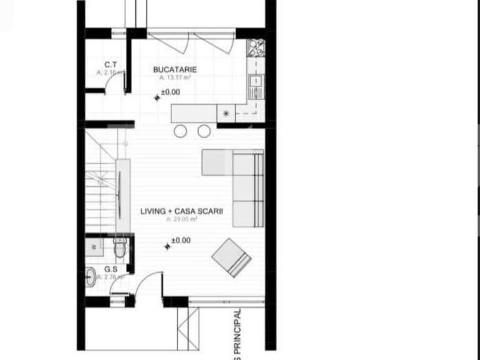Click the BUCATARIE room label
click(x=175, y=70)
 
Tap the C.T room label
click(x=111, y=65)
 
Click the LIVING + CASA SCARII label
click(x=181, y=211)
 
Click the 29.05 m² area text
click(x=181, y=219)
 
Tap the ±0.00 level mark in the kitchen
click(x=170, y=92)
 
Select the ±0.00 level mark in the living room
click(x=180, y=240)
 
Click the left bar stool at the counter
click(x=180, y=131)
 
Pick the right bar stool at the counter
click(x=204, y=131)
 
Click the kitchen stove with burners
click(x=256, y=48)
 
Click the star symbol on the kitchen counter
click(x=226, y=113)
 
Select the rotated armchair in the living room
click(x=231, y=257)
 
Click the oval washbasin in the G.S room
click(x=91, y=276)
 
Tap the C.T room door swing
click(x=113, y=86)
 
